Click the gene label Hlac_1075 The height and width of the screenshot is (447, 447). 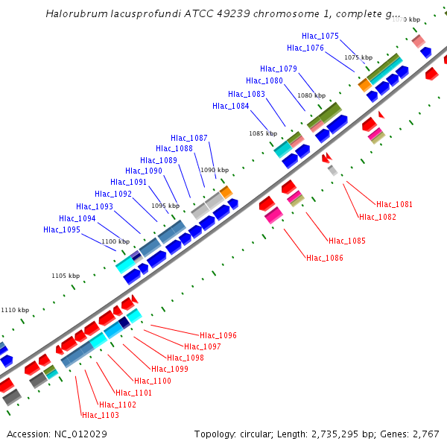tap(320, 36)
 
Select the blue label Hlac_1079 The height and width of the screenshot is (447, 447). tap(279, 69)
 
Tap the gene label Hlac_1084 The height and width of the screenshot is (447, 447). tap(231, 106)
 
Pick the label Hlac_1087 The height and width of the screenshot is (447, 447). tap(189, 138)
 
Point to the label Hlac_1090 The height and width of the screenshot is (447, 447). tap(144, 171)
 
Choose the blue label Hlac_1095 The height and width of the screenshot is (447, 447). tap(62, 229)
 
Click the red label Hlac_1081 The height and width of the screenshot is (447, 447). tap(394, 204)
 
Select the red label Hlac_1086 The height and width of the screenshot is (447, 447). tap(325, 258)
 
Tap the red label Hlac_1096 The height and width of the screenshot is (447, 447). tap(218, 335)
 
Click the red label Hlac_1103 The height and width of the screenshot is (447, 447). tap(100, 415)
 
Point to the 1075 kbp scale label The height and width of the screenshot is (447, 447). tap(358, 57)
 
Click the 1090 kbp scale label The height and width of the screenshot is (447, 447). tap(215, 170)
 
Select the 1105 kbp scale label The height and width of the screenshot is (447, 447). tap(66, 276)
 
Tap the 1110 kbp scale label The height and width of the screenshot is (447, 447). tap(15, 310)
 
